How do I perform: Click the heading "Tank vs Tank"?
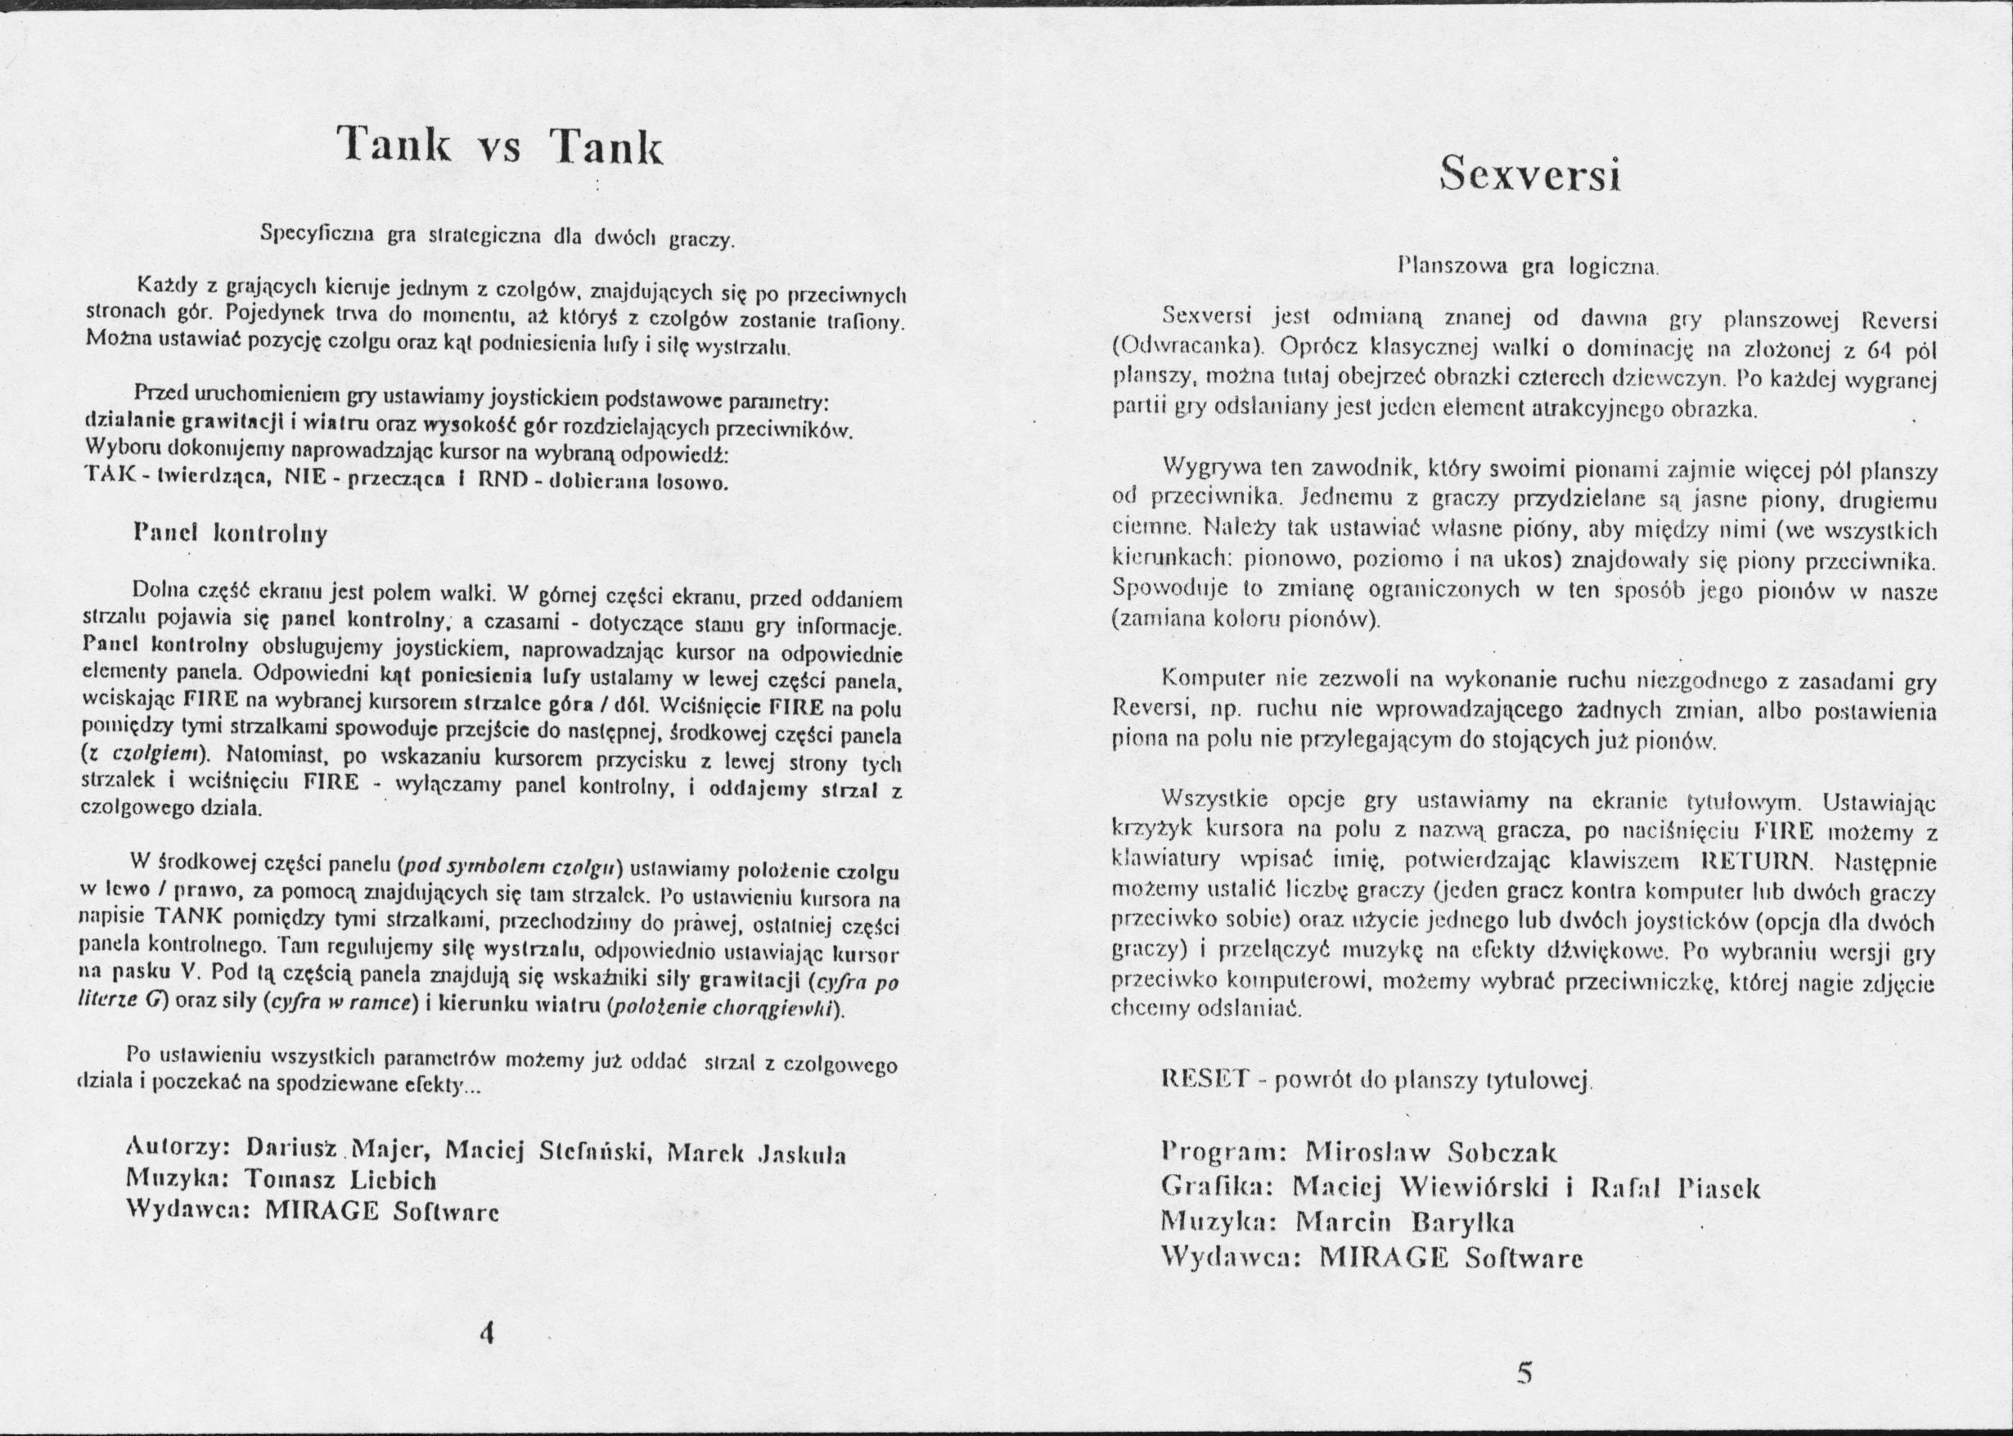(500, 143)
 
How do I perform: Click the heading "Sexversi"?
(1529, 173)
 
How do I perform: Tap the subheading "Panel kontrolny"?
(230, 533)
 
